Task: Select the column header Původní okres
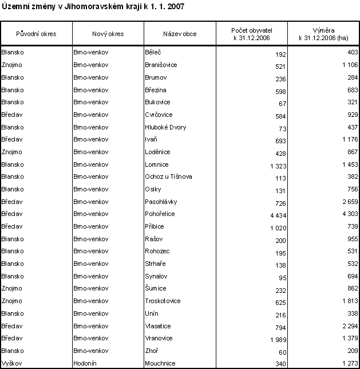[x=36, y=34]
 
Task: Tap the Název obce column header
[x=179, y=34]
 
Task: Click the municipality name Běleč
[x=153, y=53]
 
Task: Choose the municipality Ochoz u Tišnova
[x=168, y=177]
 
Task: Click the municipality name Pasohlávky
[x=161, y=202]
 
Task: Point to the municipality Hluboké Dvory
[x=165, y=127]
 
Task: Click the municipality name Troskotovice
[x=162, y=301]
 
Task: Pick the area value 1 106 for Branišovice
[x=348, y=66]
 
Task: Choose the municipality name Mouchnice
[x=160, y=363]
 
